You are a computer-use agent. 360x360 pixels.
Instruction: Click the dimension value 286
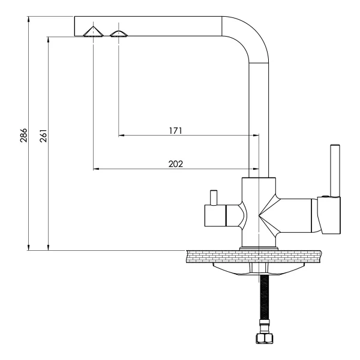23,136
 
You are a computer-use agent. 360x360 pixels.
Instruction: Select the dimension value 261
43,136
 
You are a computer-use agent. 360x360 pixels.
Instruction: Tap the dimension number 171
176,131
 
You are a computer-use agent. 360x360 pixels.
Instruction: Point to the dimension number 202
176,164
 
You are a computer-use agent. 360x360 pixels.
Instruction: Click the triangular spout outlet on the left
93,32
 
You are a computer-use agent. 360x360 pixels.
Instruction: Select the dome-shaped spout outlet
119,34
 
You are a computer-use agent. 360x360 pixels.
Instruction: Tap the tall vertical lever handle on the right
335,170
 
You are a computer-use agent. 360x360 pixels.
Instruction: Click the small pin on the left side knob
214,197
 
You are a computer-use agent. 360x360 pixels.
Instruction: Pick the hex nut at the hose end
264,337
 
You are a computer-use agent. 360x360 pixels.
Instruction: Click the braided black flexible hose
265,297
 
